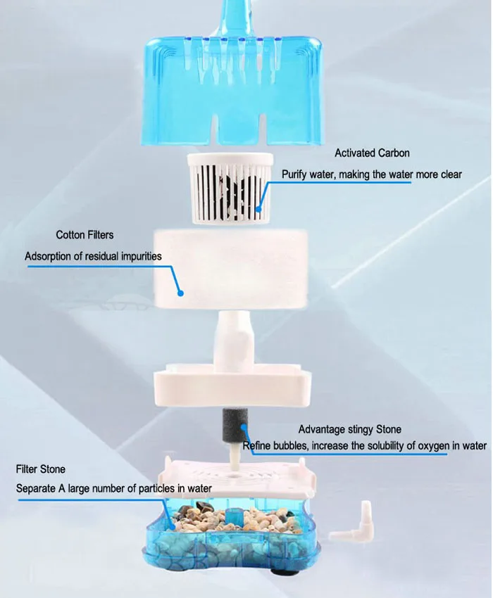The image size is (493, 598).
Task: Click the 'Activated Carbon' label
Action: (x=372, y=153)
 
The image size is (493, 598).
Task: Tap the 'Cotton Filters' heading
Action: (x=85, y=234)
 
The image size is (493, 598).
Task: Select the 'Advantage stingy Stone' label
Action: (x=350, y=429)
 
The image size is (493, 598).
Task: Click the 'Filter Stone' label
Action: (x=41, y=469)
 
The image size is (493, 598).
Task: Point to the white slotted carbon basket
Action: (x=226, y=186)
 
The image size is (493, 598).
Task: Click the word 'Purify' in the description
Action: (x=297, y=174)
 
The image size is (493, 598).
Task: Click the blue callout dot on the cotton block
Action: (x=181, y=291)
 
